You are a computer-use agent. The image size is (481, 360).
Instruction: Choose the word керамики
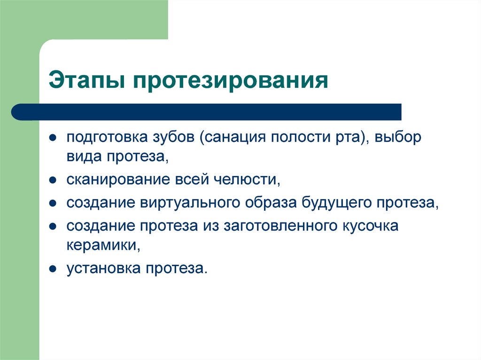pyautogui.click(x=102, y=245)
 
